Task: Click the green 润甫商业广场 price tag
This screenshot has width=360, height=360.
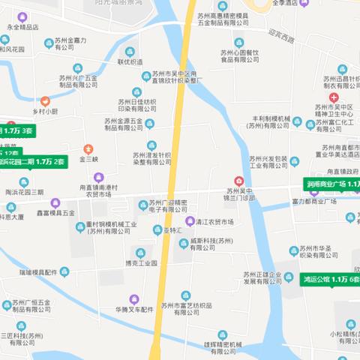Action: tap(334, 184)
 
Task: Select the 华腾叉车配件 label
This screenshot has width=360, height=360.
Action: tap(135, 309)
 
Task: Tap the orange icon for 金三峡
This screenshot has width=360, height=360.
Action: tap(88, 148)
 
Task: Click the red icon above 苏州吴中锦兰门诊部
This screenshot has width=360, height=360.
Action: tap(239, 181)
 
